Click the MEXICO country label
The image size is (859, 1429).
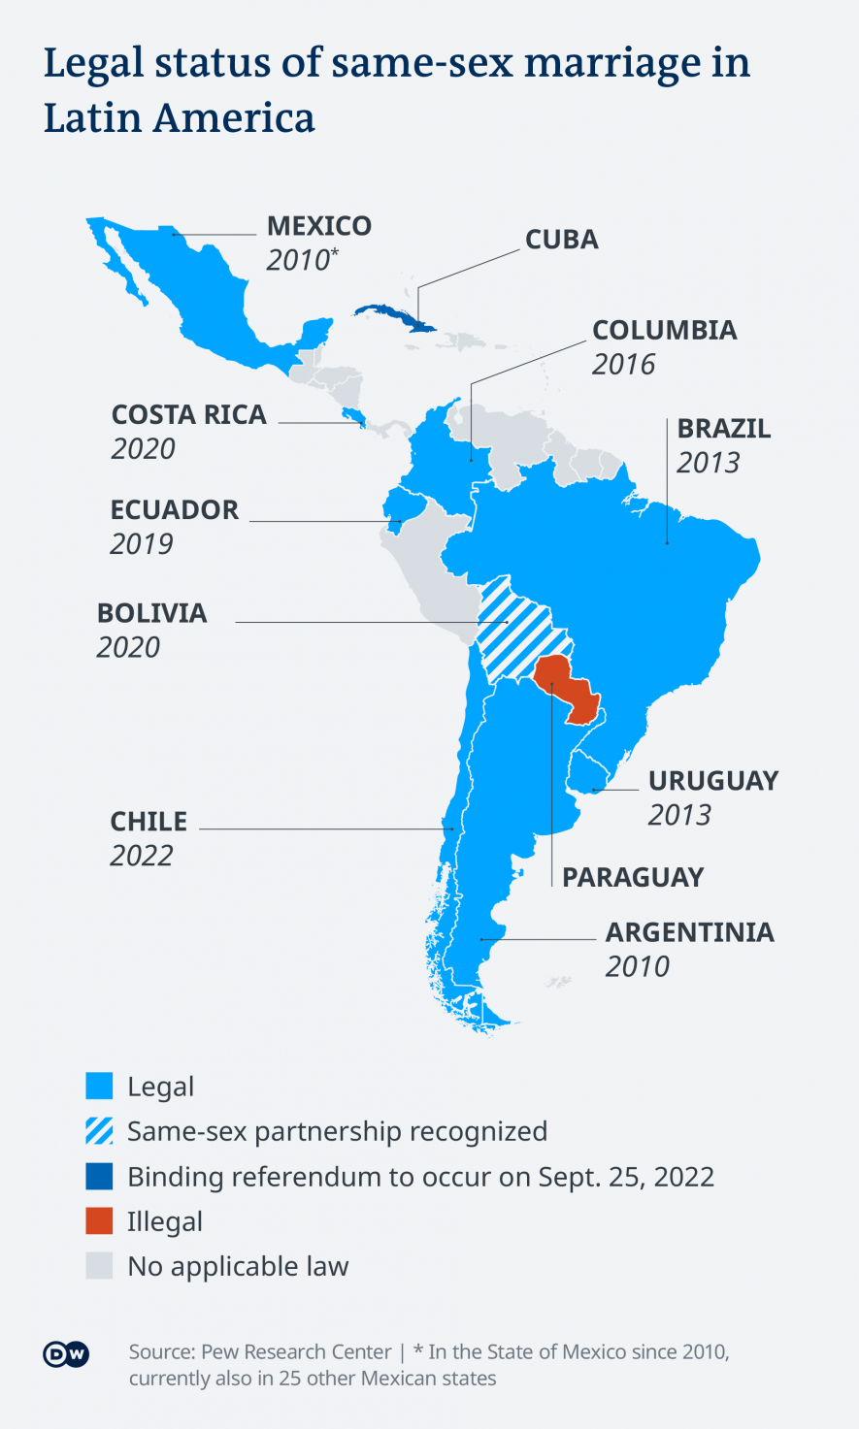pos(318,226)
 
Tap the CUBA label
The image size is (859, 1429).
pos(561,240)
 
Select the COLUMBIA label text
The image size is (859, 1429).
pos(664,331)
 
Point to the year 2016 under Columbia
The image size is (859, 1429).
pos(623,365)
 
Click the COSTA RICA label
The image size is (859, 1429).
pos(188,415)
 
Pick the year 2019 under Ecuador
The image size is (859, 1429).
pos(141,544)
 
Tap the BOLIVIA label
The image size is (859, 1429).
pos(151,614)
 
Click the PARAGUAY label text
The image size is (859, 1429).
pos(632,877)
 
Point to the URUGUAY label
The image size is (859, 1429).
pos(712,782)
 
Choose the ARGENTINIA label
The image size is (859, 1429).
pos(689,933)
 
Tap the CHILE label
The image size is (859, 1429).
pos(149,822)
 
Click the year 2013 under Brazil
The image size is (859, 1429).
pos(708,463)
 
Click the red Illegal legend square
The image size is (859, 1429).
pos(99,1221)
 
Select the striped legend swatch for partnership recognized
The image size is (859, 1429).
pos(99,1131)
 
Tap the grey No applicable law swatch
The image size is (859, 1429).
pos(99,1266)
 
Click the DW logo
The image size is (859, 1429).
pos(66,1354)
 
